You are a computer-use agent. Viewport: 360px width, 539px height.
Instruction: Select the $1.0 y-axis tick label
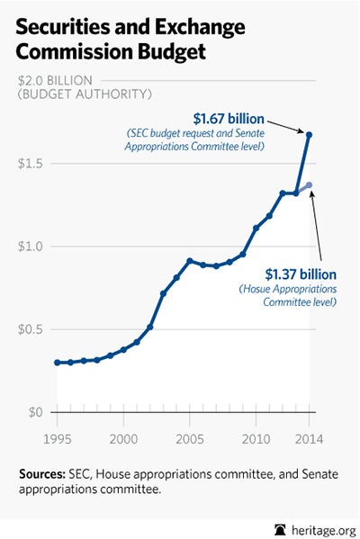[x=31, y=246]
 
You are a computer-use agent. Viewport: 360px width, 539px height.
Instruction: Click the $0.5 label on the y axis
[x=31, y=328]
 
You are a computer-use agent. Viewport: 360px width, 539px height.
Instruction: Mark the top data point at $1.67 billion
[x=309, y=135]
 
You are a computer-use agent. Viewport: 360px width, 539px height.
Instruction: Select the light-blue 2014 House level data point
[x=309, y=184]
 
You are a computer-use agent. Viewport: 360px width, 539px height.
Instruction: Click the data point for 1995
[x=57, y=362]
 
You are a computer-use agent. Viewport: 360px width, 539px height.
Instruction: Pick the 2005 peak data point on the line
[x=190, y=260]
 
